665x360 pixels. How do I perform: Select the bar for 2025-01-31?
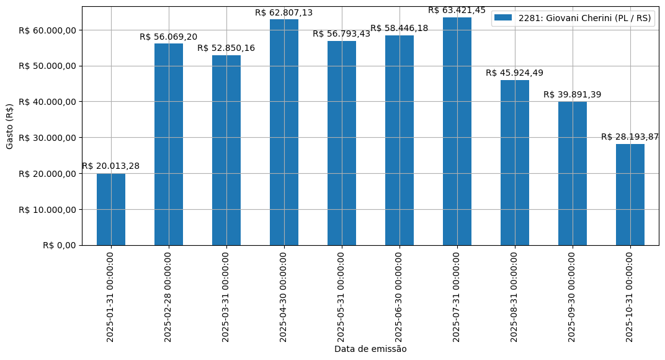tap(111, 209)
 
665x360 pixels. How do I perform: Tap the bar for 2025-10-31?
tap(630, 194)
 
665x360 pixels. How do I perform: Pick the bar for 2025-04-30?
tap(284, 132)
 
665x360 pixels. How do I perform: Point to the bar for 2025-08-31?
tap(515, 163)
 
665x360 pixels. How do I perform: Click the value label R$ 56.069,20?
tap(169, 37)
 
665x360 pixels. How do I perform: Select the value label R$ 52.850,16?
tap(226, 48)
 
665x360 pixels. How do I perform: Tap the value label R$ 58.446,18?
tap(399, 29)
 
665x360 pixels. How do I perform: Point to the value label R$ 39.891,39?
tap(573, 94)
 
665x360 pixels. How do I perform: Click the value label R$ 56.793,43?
tap(342, 34)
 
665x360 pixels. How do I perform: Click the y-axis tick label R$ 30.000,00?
tap(48, 138)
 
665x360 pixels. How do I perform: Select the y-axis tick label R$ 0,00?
tap(60, 245)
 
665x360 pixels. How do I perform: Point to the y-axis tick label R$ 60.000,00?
tap(48, 30)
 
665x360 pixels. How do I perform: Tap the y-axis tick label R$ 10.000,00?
tap(48, 210)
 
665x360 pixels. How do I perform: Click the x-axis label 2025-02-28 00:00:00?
tap(168, 297)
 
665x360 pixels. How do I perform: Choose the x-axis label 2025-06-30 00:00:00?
tap(399, 297)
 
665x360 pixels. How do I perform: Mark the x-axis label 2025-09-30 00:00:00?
tap(572, 297)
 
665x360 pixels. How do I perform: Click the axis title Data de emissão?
tap(370, 349)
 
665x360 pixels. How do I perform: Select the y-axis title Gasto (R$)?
tap(10, 126)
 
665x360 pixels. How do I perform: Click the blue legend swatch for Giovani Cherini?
tap(503, 18)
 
